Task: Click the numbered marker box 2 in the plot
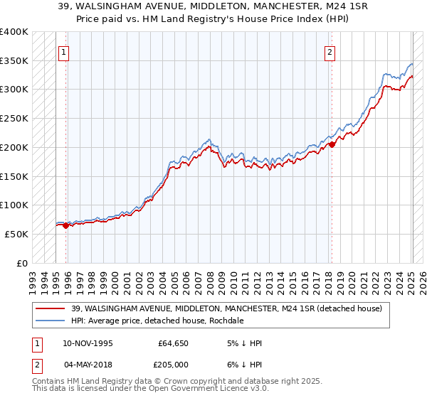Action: coord(331,52)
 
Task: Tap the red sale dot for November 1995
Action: coord(65,225)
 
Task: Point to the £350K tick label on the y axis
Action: coord(14,61)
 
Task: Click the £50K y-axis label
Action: coord(16,234)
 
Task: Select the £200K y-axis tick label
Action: coord(14,148)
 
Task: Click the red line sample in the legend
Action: coord(51,308)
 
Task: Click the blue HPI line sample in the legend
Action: coord(51,321)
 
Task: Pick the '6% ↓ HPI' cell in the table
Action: coord(244,363)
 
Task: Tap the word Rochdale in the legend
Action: coord(227,321)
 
